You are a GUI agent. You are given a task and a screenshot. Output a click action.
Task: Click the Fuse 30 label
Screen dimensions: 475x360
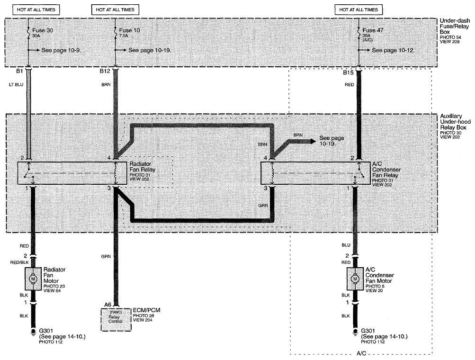(43, 30)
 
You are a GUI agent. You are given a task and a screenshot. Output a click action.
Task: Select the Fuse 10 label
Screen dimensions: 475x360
(129, 30)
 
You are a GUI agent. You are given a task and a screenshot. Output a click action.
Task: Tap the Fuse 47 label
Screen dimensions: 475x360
(373, 30)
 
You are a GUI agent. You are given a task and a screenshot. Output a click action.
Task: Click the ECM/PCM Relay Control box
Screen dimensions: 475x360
(116, 319)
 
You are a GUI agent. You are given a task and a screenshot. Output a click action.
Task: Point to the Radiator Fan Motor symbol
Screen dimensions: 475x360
(33, 279)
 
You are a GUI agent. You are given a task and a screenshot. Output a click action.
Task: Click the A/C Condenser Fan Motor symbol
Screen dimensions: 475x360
(355, 279)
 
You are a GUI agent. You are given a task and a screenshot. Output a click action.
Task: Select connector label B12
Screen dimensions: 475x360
(105, 71)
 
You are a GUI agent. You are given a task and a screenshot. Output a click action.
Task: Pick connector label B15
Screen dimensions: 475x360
(348, 73)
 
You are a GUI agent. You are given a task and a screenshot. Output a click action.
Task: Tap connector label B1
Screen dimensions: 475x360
(20, 71)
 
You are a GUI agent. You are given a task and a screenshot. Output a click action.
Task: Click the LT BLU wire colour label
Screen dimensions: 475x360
(16, 85)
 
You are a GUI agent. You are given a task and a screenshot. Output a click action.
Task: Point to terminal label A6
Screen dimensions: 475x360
(108, 305)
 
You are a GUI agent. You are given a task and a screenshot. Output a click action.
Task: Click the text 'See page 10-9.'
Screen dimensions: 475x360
(61, 50)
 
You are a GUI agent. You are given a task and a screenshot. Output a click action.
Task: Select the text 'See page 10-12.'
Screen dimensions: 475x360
(393, 50)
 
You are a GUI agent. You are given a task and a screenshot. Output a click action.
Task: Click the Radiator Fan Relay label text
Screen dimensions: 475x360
(142, 167)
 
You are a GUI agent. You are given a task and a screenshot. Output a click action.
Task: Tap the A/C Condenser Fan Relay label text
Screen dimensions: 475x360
(386, 170)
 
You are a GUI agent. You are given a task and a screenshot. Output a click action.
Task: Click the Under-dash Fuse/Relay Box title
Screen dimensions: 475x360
(455, 26)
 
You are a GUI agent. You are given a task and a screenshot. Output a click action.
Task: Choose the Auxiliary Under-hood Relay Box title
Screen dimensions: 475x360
(455, 122)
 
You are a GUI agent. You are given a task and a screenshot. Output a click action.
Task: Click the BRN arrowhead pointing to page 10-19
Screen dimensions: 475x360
(312, 141)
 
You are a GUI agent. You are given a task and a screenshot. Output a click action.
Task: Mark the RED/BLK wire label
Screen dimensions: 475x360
(19, 262)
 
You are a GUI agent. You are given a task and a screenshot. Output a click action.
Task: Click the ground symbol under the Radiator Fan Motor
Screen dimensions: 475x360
(33, 332)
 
